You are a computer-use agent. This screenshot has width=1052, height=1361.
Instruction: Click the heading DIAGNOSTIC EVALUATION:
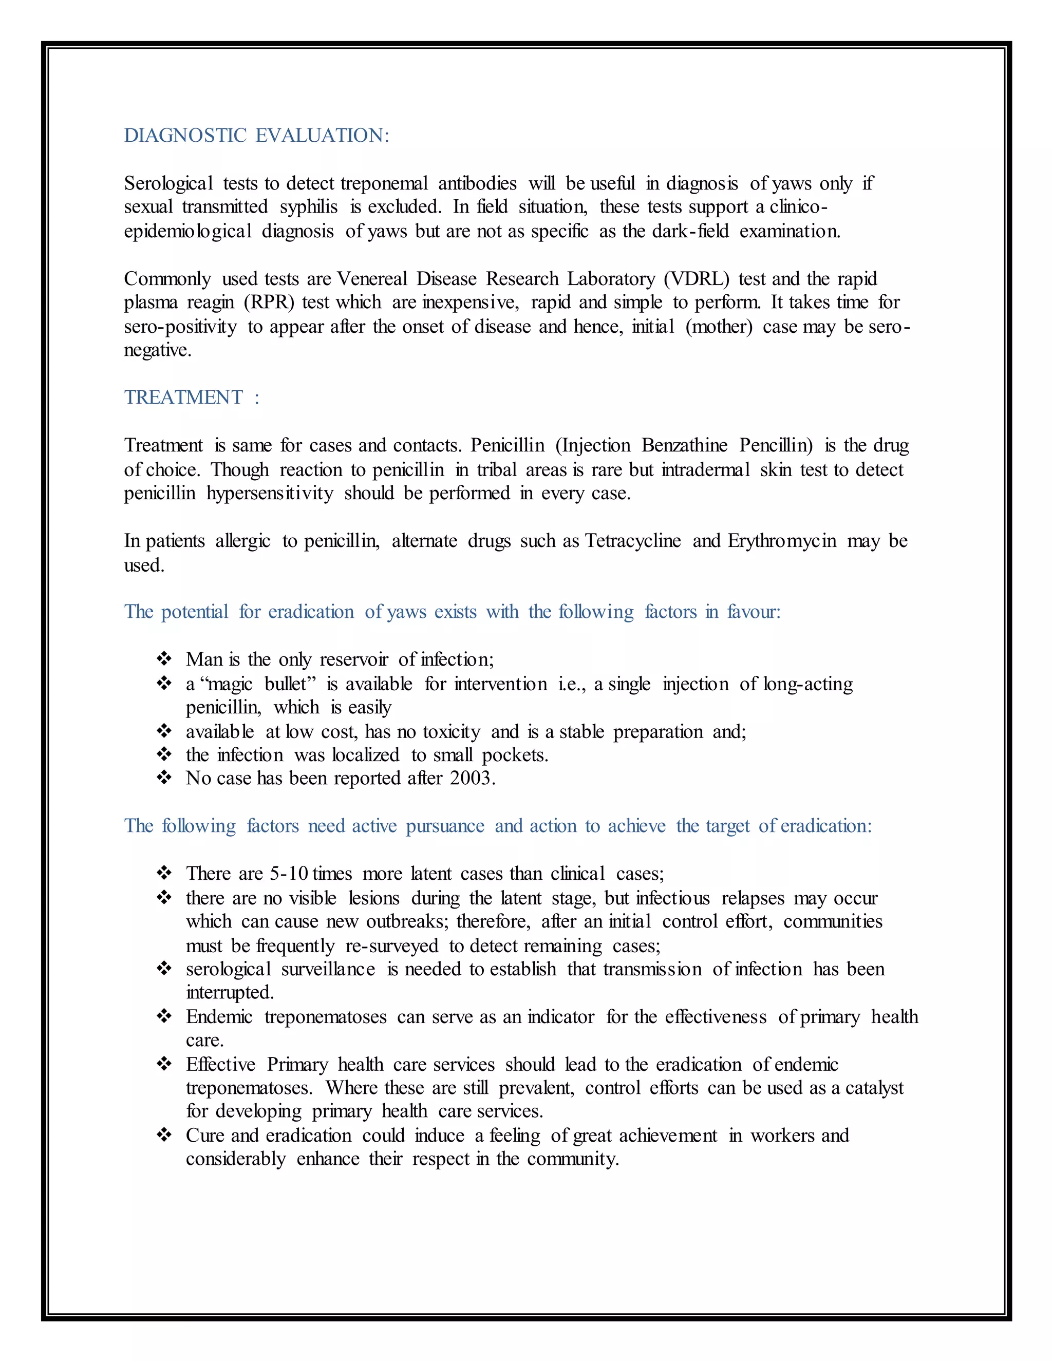(x=256, y=135)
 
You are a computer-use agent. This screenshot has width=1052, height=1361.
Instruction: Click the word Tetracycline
(x=632, y=541)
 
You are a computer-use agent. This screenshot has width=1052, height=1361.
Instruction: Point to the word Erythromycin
(x=781, y=541)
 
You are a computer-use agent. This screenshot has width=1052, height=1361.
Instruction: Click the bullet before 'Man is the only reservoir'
(x=164, y=659)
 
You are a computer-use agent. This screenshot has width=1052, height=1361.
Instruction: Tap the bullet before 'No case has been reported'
(x=164, y=778)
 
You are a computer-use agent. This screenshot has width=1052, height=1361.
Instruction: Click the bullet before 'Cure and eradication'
(x=164, y=1135)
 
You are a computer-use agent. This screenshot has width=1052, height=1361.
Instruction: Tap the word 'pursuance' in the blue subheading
(x=445, y=826)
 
